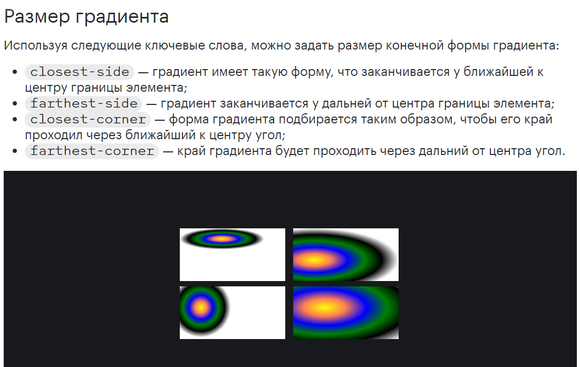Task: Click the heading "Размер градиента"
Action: [x=86, y=17]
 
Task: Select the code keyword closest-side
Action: [x=80, y=72]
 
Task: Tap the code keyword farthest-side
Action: [x=84, y=103]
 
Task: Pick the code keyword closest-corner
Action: [x=88, y=119]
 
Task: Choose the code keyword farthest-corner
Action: [x=92, y=151]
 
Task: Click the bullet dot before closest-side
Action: [x=15, y=72]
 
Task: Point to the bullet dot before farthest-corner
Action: [x=15, y=151]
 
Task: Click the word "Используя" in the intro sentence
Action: [x=35, y=45]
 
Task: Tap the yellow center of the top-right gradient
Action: [x=314, y=260]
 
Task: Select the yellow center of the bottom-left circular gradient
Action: [x=201, y=307]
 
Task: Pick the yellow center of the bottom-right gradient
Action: [x=324, y=307]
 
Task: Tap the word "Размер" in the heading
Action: [x=37, y=17]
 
